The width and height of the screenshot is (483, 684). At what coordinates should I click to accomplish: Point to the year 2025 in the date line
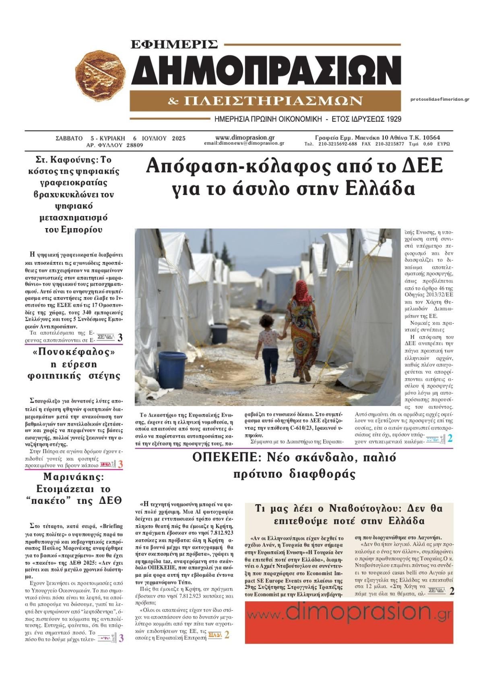click(x=178, y=138)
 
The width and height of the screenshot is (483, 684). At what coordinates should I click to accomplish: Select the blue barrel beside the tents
click(x=173, y=369)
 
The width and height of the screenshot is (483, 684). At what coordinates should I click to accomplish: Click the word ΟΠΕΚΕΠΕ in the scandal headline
click(x=223, y=457)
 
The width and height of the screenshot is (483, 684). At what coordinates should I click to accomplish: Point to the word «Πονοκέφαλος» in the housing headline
click(x=74, y=352)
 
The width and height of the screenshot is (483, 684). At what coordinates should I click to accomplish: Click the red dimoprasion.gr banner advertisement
click(x=349, y=622)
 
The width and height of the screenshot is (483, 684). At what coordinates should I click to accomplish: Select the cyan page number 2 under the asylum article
click(x=450, y=439)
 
